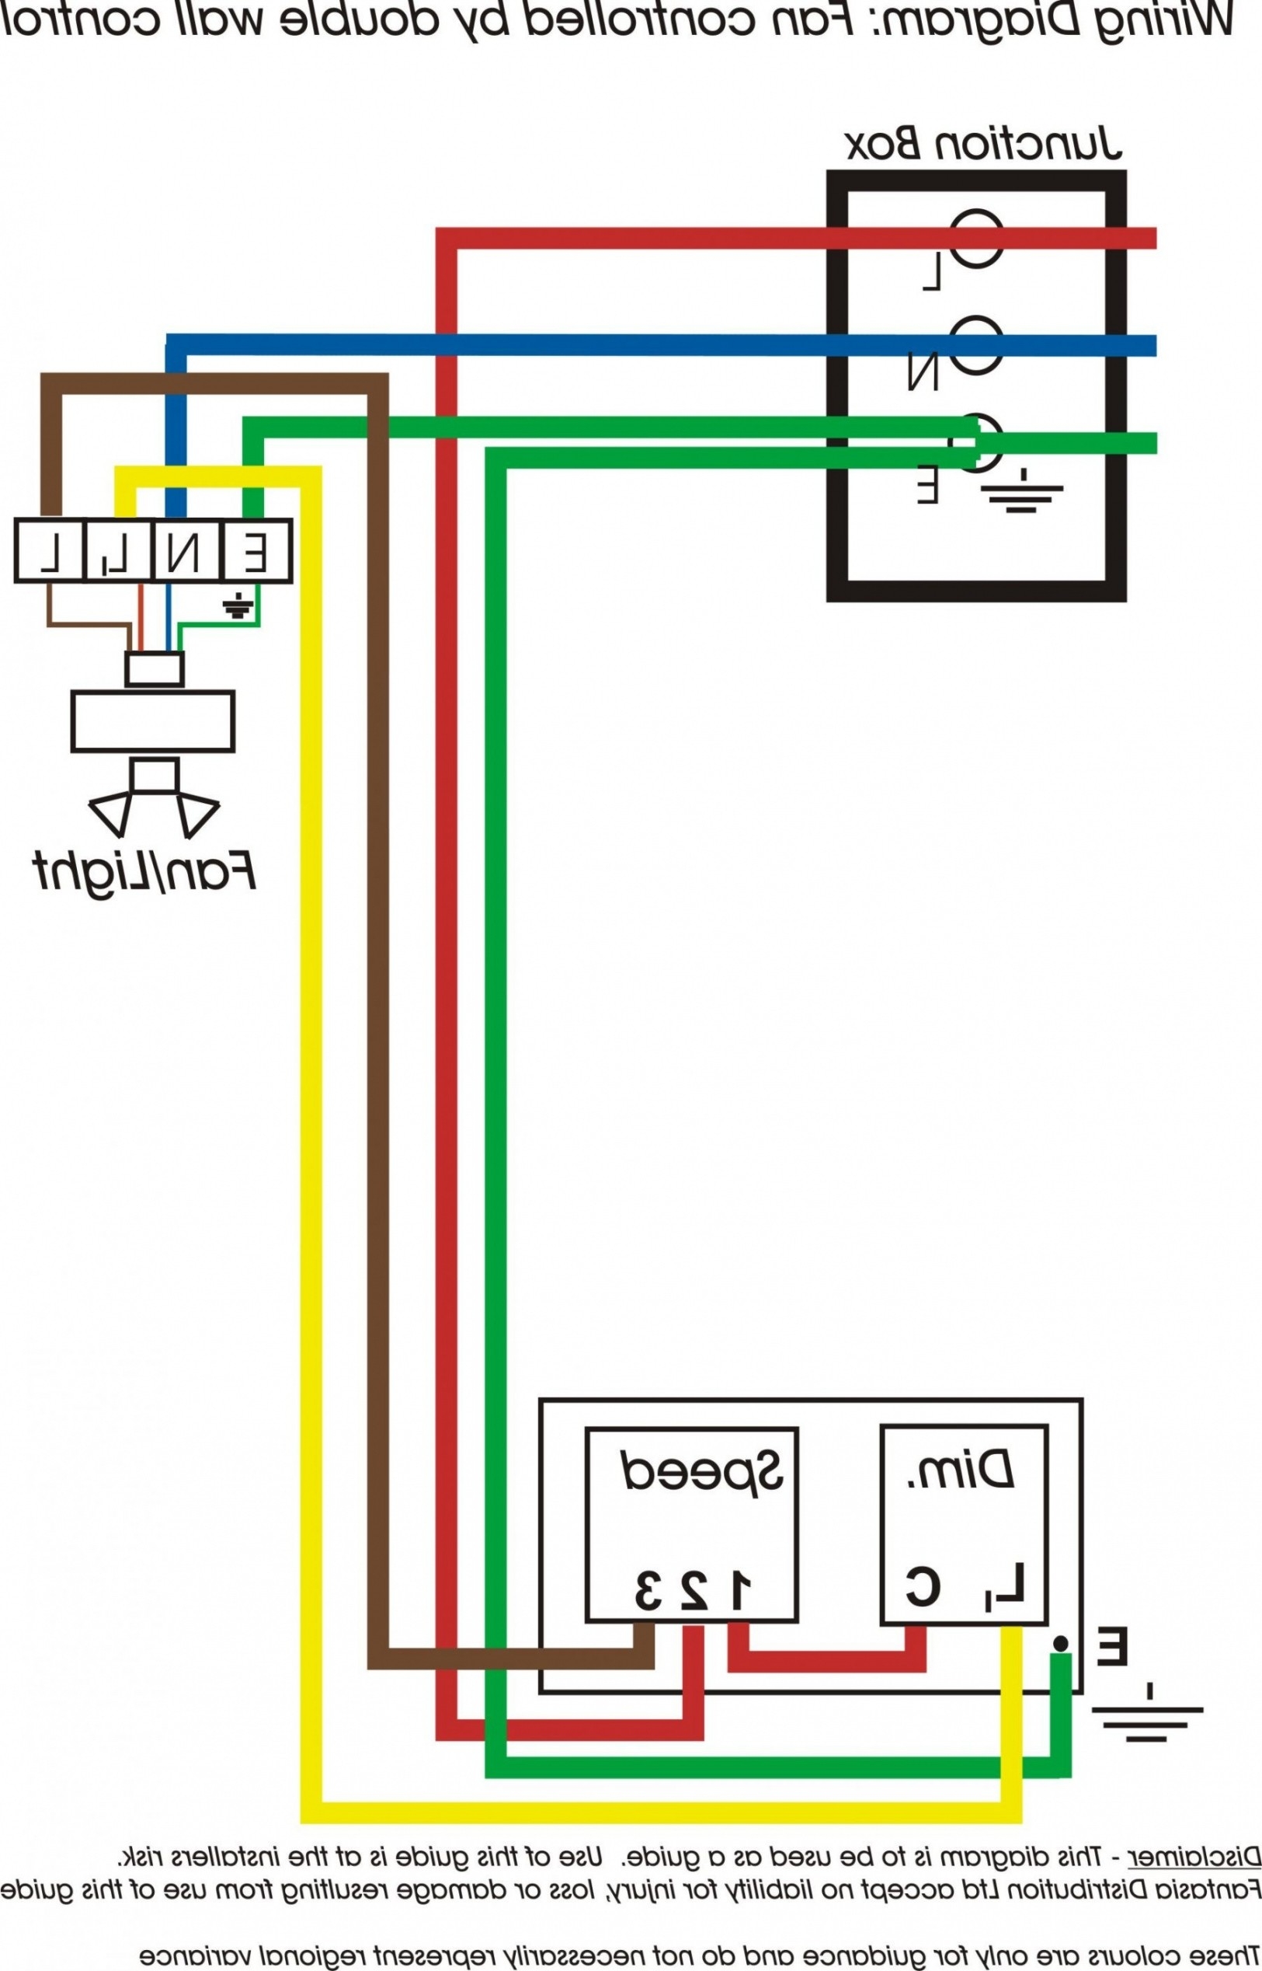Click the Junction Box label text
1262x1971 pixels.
tap(982, 145)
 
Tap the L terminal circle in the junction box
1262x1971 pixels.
tap(977, 238)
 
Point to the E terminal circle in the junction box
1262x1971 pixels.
tap(977, 443)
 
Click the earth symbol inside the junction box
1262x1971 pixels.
tap(1022, 492)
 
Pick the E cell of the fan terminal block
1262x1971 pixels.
tap(256, 551)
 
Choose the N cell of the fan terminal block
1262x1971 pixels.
tap(187, 551)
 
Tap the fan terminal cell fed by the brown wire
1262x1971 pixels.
tap(50, 551)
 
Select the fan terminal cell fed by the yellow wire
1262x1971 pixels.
tap(117, 551)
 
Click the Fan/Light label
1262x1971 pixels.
tap(145, 870)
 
